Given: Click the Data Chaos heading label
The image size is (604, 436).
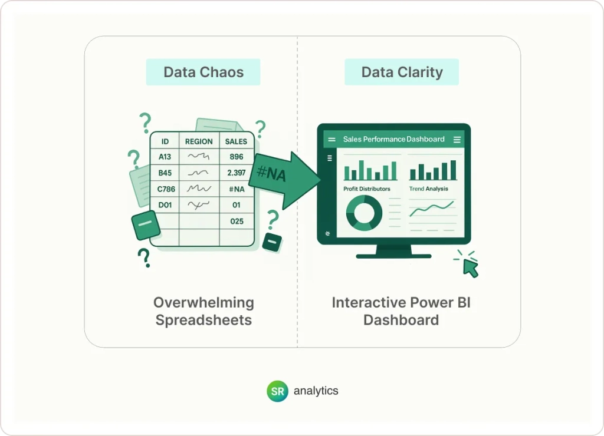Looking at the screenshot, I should (203, 73).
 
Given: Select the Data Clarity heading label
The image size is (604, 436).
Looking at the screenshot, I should (402, 73).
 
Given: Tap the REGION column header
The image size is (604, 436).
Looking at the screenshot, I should (199, 142).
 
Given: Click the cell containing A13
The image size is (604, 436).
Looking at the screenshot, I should (165, 157).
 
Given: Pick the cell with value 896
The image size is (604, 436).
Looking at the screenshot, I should (237, 157).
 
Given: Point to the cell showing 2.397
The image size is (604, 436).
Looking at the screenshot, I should (236, 173).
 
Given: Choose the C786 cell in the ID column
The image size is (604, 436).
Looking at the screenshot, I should (166, 189).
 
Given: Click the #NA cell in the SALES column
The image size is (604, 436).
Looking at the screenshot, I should (236, 189).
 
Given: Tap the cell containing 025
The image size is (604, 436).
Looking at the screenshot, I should (237, 222).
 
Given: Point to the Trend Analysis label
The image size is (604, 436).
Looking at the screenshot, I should (428, 189).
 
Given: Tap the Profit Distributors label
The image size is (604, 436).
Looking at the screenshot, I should (367, 189).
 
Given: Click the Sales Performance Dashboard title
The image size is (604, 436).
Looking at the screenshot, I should (393, 140).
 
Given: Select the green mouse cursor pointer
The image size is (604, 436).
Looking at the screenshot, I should (470, 268).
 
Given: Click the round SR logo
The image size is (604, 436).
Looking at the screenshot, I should (277, 391).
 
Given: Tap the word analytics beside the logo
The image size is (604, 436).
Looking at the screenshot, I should (316, 391).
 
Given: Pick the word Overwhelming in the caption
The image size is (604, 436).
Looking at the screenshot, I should (203, 303).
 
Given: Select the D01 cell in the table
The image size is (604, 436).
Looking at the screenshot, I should (165, 205).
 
